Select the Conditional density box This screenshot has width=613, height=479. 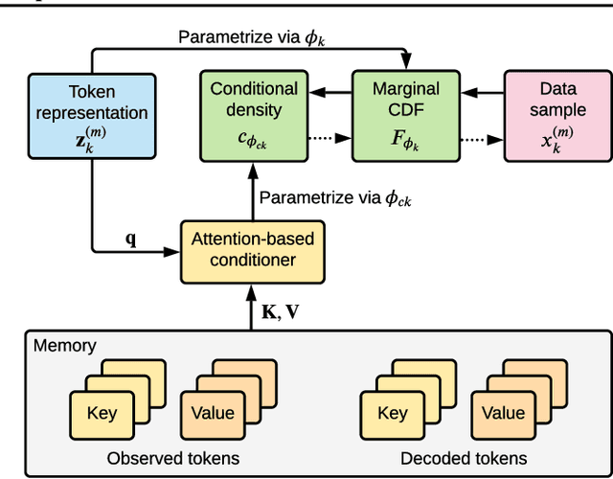pyautogui.click(x=254, y=114)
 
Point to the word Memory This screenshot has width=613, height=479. pyautogui.click(x=65, y=345)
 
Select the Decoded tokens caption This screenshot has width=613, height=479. pyautogui.click(x=464, y=457)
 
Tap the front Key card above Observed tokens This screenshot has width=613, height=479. pyautogui.click(x=101, y=413)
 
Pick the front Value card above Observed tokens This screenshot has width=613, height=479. pyautogui.click(x=212, y=413)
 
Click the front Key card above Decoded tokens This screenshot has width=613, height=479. pyautogui.click(x=392, y=413)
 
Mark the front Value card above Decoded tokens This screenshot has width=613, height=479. pyautogui.click(x=503, y=413)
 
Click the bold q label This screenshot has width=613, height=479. pyautogui.click(x=131, y=239)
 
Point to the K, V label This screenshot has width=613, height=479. pyautogui.click(x=284, y=308)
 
